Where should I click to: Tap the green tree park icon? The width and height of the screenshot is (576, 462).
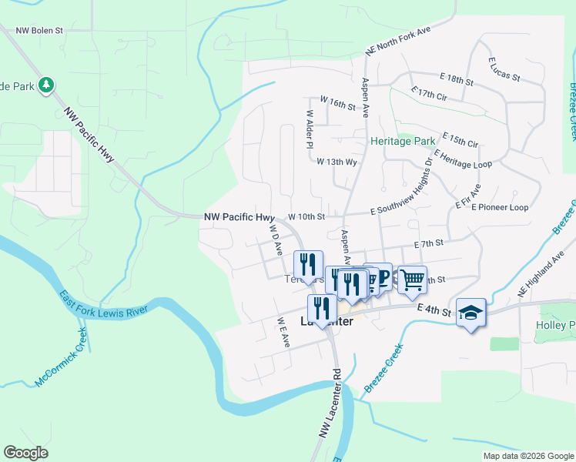47,84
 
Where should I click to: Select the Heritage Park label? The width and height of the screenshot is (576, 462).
402,142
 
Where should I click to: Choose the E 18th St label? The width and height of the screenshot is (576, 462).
456,79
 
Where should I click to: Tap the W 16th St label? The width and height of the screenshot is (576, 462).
337,101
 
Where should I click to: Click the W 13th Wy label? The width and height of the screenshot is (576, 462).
337,162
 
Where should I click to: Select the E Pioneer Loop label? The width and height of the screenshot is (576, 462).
500,207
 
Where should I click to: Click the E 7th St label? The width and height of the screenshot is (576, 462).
429,243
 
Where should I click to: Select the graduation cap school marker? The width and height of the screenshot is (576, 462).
471,312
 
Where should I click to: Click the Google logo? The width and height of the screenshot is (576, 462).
25,452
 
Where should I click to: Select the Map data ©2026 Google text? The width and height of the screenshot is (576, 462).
527,456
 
